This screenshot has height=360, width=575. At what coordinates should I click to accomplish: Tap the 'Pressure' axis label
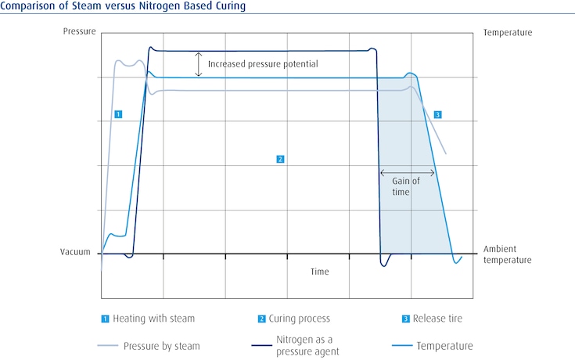tap(79, 32)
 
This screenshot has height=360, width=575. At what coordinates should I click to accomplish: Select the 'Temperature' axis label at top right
tap(508, 33)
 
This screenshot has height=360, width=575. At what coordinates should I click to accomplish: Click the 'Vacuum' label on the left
tap(77, 253)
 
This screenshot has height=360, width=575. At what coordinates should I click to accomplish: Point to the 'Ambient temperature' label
tap(507, 254)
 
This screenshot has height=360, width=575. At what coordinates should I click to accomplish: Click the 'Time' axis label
tap(319, 272)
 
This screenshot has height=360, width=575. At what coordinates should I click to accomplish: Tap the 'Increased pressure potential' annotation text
tap(263, 64)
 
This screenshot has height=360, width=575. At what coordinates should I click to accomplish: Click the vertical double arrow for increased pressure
tap(199, 64)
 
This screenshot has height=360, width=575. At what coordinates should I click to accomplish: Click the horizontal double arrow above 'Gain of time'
tap(407, 173)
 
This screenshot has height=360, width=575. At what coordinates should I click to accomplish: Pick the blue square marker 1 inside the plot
tap(117, 114)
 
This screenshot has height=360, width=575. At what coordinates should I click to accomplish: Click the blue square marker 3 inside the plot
tap(437, 115)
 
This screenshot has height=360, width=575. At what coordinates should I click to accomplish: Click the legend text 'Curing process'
tap(300, 319)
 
